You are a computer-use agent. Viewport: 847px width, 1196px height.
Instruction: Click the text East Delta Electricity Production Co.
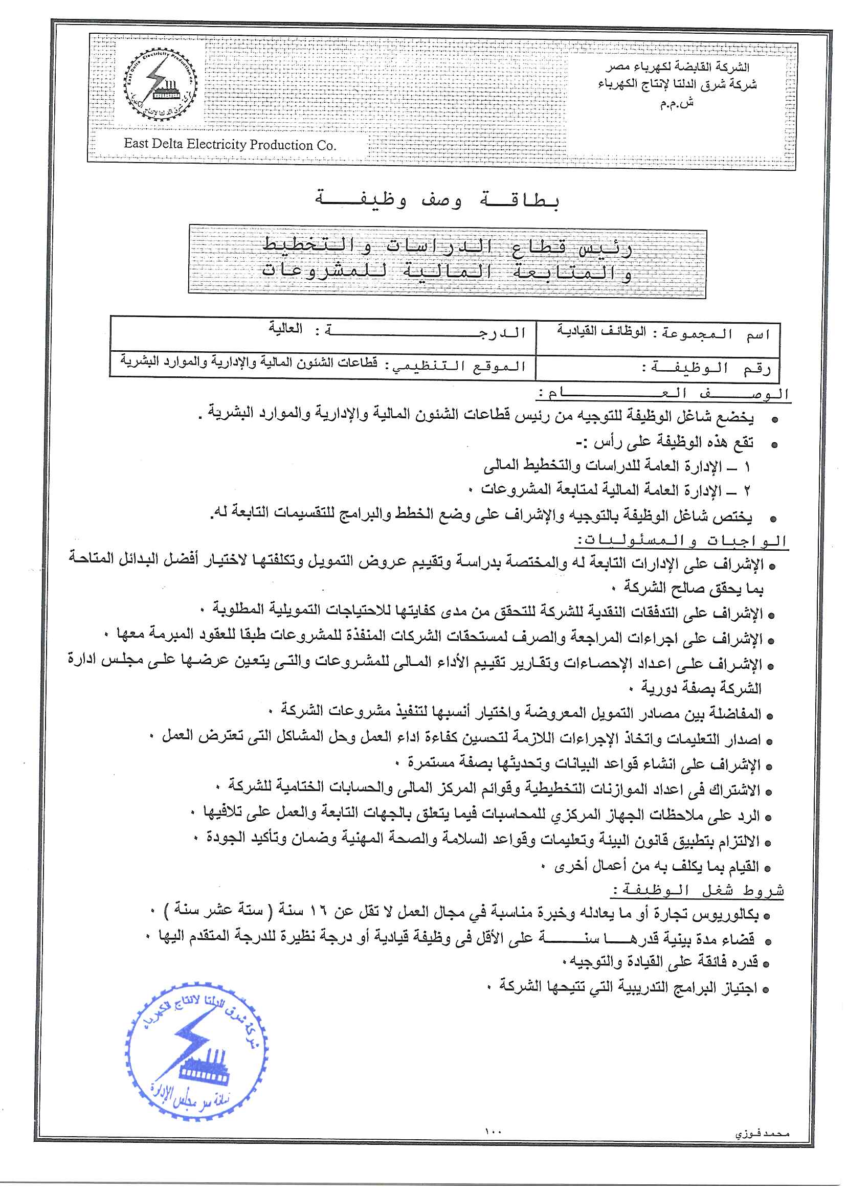tap(230, 144)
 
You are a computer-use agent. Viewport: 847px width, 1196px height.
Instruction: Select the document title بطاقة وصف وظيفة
tap(437, 200)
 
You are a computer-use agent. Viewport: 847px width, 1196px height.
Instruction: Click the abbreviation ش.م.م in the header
tap(677, 103)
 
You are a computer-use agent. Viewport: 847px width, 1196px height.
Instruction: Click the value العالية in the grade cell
tap(286, 328)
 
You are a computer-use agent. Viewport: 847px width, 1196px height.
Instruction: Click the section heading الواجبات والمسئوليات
tap(681, 540)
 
